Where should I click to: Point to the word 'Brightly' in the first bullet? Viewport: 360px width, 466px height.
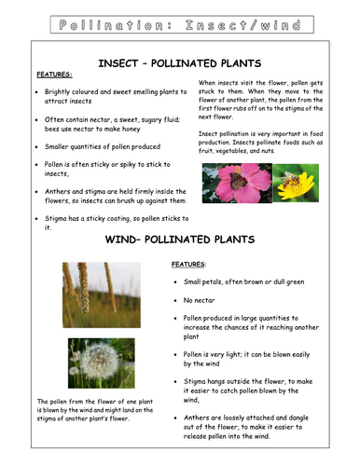(x=61, y=93)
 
